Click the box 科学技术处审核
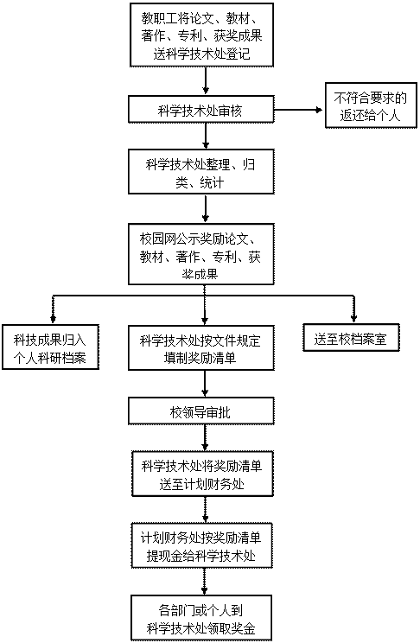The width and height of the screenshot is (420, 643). [x=201, y=109]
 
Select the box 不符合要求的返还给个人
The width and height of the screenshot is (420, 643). [x=371, y=105]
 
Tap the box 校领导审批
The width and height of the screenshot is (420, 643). [x=201, y=411]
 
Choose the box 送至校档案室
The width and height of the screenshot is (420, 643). [x=351, y=338]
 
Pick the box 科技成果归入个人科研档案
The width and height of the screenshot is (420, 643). [x=50, y=347]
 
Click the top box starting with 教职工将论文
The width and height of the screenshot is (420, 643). [x=202, y=35]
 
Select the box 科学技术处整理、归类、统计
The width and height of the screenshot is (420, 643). [x=201, y=171]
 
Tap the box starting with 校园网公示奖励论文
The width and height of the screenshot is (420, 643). [x=201, y=254]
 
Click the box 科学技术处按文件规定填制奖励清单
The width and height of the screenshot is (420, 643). [x=201, y=347]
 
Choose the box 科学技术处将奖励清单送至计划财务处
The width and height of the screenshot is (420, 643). [x=202, y=474]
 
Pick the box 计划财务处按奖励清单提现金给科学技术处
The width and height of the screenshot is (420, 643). [x=202, y=545]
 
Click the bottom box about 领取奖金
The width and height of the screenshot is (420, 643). [x=201, y=618]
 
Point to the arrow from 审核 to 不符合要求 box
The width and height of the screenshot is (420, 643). [x=299, y=110]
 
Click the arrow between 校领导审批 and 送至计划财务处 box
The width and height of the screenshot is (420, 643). [x=205, y=437]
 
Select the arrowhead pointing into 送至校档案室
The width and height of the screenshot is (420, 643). [x=354, y=319]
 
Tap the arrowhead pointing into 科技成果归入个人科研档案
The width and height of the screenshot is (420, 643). [x=53, y=320]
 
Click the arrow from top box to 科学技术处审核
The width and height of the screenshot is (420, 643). [x=206, y=80]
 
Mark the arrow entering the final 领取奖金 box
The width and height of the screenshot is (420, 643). [x=204, y=581]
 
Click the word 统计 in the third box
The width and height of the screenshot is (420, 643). [x=212, y=182]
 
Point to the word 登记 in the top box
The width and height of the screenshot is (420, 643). [x=238, y=54]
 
